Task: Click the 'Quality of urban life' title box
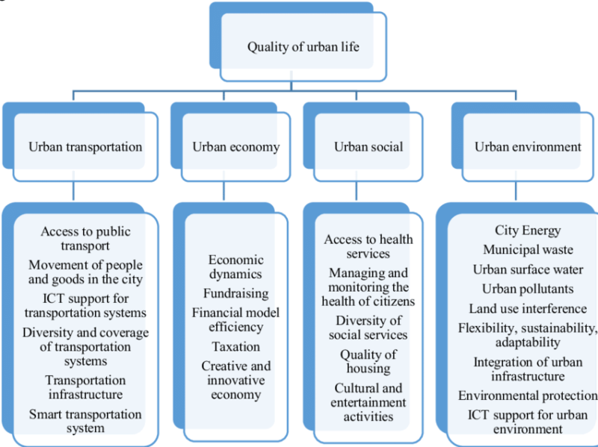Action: (303, 48)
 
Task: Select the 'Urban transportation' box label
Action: (85, 147)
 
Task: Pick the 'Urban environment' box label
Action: (528, 147)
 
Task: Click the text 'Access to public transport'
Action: (85, 239)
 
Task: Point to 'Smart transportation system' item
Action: (85, 421)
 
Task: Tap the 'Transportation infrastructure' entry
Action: (85, 387)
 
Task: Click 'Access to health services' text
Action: (368, 246)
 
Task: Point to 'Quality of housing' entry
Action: (368, 361)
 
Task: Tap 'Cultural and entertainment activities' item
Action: (368, 402)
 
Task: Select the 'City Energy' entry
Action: (528, 231)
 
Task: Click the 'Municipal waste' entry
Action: (528, 250)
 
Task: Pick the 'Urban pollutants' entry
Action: (528, 289)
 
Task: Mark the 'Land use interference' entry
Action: (528, 308)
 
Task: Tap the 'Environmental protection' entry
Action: (528, 396)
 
